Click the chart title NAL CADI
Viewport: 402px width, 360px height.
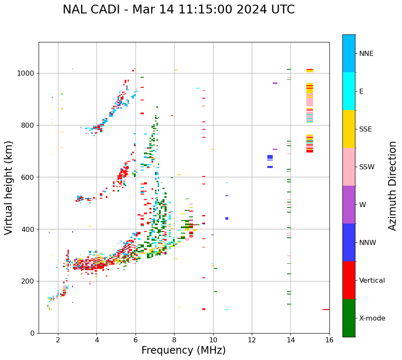pos(178,10)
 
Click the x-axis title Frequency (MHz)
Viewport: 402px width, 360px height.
pos(183,350)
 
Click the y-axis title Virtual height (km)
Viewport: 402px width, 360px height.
pos(9,187)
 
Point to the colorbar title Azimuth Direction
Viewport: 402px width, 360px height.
pos(392,186)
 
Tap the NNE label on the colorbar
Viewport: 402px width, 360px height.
pos(366,54)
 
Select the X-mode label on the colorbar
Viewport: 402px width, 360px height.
pos(372,318)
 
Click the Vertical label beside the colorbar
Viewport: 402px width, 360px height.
pos(372,281)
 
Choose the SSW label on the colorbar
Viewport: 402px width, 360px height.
pos(367,167)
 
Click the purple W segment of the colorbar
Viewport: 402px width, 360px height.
pos(349,205)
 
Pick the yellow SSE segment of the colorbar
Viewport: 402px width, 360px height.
pos(349,129)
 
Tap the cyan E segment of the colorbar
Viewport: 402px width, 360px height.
pos(349,91)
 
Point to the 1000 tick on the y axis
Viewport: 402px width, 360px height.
pos(28,74)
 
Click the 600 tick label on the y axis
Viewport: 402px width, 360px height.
pos(30,177)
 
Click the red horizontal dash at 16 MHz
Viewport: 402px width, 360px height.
pos(326,310)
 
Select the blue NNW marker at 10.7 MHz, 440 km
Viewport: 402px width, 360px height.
pos(227,218)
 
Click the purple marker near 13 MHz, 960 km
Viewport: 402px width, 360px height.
pos(275,83)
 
